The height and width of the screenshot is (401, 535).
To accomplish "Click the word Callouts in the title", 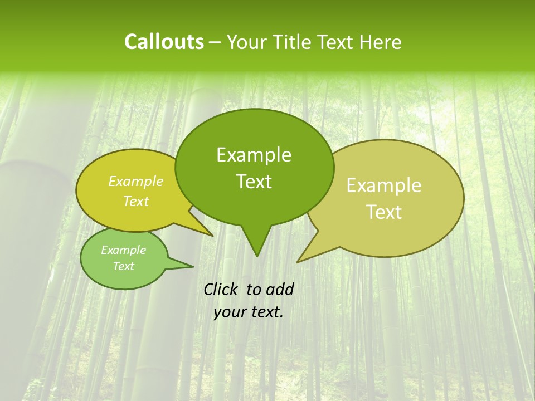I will tap(164, 42).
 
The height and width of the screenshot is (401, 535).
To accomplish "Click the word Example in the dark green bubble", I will tap(254, 155).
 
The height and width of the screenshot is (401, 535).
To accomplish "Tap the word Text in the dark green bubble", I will tap(254, 182).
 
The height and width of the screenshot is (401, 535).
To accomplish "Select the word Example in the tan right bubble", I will tap(384, 185).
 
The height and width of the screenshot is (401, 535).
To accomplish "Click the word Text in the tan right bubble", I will tap(384, 212).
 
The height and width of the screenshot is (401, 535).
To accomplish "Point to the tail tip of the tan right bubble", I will tap(297, 262).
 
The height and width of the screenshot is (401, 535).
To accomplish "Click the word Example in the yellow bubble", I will tap(136, 182).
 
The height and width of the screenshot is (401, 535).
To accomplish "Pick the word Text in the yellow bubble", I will tap(136, 202).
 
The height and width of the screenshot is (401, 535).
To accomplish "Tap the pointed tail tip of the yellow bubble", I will tap(212, 236).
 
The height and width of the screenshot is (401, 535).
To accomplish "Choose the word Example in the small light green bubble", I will tap(123, 250).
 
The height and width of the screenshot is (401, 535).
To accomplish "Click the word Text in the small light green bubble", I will tap(123, 266).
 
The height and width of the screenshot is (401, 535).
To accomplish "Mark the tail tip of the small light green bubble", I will tap(193, 266).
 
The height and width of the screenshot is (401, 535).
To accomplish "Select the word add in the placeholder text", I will tap(280, 289).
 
